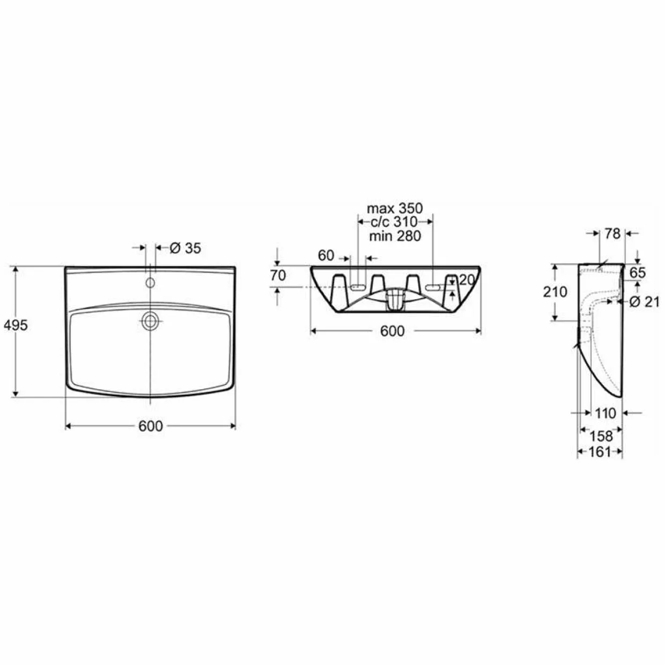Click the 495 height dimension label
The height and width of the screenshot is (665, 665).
click(16, 325)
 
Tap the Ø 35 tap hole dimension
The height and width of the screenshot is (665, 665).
click(186, 248)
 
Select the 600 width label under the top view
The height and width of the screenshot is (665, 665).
click(151, 426)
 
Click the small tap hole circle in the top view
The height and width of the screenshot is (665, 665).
click(150, 283)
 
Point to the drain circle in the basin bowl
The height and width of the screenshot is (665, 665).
click(150, 321)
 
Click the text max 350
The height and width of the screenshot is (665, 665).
click(395, 209)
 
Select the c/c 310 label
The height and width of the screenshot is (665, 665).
click(394, 222)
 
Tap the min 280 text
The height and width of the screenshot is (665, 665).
click(395, 236)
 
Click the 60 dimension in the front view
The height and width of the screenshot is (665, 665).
click(326, 255)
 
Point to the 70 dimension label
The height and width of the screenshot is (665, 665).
click(278, 276)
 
